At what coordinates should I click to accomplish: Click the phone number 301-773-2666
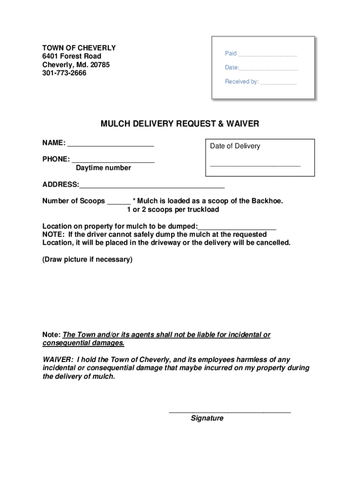tap(64, 73)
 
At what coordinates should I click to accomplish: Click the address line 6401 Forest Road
tap(72, 56)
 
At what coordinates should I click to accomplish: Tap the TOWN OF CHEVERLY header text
tap(79, 48)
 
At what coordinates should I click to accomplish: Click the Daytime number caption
tap(103, 168)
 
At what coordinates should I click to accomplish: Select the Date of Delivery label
tap(235, 146)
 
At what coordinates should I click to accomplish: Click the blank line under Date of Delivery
tap(255, 165)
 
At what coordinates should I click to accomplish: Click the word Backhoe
tap(267, 201)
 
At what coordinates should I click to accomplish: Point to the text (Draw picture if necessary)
tap(87, 259)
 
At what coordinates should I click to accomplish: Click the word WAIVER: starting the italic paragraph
tap(58, 360)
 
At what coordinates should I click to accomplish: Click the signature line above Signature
tap(230, 412)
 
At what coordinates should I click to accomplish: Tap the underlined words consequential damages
tap(83, 343)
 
